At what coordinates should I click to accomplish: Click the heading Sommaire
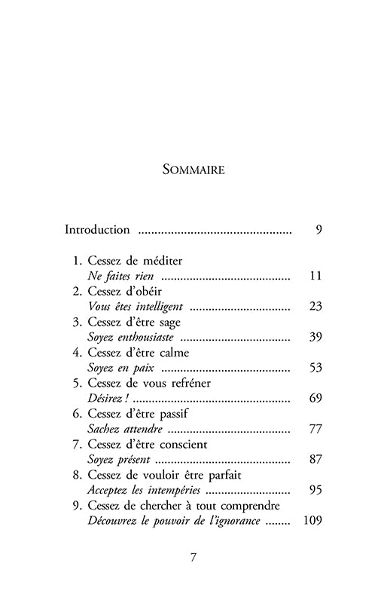193,170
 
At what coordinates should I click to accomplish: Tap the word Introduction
98,229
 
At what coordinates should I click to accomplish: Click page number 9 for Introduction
318,229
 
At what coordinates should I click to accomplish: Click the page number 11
315,276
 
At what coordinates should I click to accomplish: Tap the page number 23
315,307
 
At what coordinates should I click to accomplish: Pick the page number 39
315,337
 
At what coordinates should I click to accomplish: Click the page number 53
315,368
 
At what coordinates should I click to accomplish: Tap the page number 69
315,398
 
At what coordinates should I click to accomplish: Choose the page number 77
315,429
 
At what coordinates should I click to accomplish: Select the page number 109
312,521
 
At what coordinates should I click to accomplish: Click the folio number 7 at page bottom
193,558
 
